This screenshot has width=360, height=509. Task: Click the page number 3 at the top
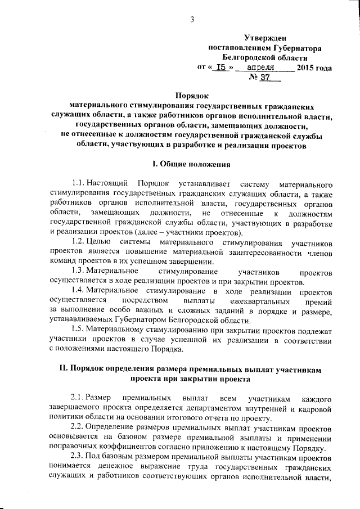192,21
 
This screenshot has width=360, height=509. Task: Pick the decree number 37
265,79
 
